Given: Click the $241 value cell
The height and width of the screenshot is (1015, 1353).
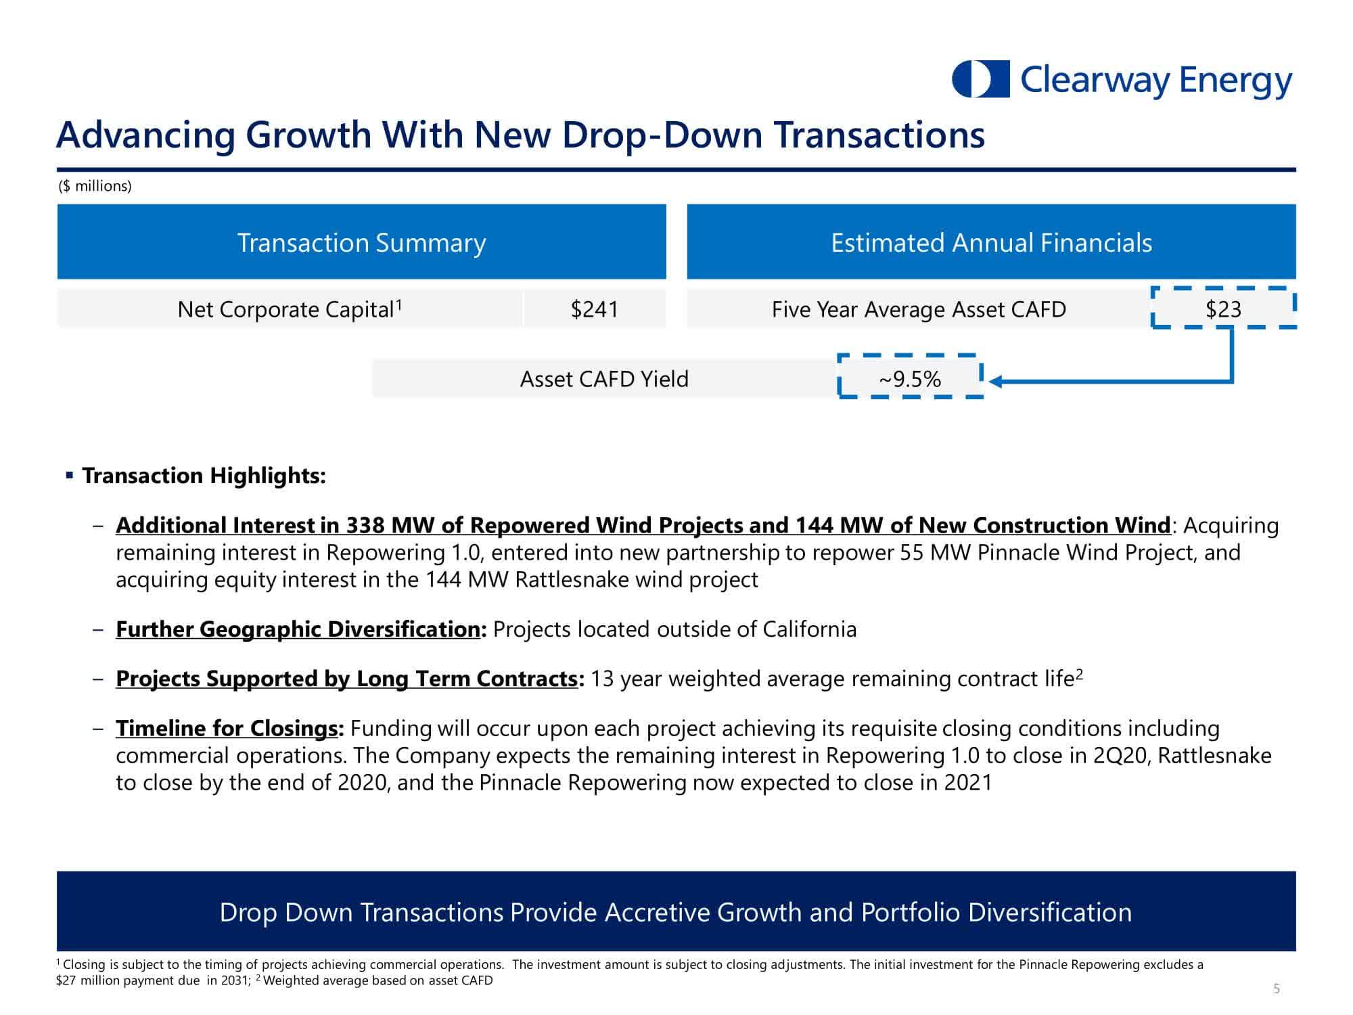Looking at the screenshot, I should point(594,309).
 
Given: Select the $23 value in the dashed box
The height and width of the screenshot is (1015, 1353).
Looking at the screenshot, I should point(1223,309).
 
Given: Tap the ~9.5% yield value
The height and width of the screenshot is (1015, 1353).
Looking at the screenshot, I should point(909,379).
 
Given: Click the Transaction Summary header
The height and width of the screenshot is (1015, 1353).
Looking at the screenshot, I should point(361,242).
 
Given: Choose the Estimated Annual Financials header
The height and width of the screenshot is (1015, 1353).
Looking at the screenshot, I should point(991,242).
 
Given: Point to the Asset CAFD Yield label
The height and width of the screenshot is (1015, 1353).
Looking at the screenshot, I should point(603,379).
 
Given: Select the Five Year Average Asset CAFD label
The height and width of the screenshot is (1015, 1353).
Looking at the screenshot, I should point(918,309).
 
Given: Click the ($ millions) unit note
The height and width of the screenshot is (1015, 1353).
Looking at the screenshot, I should point(95,186).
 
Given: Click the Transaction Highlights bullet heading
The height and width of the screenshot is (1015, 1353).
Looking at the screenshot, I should point(204,476).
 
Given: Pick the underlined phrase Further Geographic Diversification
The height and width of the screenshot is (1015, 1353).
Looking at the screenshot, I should point(298,629).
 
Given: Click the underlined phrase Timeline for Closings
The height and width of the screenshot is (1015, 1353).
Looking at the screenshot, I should point(227,728).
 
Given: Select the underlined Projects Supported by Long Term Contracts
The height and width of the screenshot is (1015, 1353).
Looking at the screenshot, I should point(346,679).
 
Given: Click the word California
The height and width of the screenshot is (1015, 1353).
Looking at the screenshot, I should point(809,629).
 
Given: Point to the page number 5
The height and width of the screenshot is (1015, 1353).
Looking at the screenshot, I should point(1277,989).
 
